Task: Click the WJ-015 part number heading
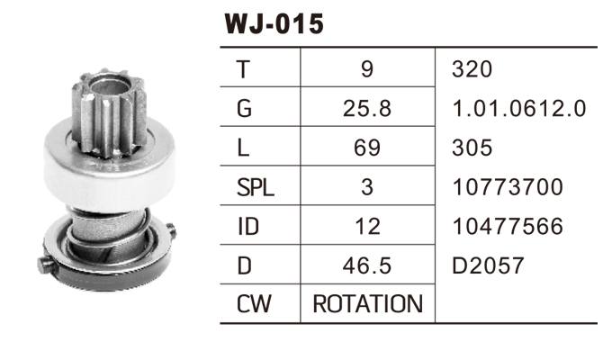273,23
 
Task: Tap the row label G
242,109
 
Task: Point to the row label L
240,148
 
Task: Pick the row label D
242,266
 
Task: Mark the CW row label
253,305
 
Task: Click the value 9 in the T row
365,69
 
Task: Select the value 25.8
367,109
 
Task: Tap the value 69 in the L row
367,148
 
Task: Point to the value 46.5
367,266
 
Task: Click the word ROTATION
367,305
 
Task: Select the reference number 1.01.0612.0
518,109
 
